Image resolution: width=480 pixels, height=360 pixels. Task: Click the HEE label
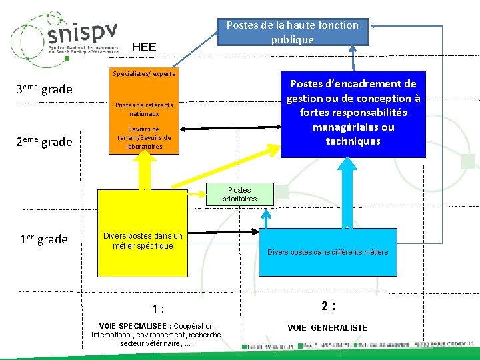(144, 47)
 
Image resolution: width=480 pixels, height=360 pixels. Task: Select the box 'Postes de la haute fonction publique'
(292, 32)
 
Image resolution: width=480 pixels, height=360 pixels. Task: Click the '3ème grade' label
(43, 89)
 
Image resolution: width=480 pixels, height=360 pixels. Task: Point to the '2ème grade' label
(43, 141)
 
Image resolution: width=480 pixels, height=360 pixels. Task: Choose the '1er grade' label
(43, 239)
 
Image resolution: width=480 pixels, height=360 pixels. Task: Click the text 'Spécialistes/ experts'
(144, 74)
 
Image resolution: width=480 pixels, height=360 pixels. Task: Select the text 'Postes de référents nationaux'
(144, 109)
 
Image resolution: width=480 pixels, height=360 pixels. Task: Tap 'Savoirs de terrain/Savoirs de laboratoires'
(144, 138)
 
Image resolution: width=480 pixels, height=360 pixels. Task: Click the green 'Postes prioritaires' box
(239, 194)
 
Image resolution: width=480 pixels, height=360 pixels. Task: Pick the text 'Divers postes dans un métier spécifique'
(143, 241)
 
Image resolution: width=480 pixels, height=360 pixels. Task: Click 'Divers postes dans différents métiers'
(327, 252)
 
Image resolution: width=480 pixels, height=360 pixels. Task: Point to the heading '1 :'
(158, 309)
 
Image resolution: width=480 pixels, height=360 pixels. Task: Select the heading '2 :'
(327, 306)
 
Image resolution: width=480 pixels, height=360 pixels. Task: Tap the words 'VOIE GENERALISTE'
(327, 327)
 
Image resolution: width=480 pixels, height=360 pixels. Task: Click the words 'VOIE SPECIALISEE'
(133, 326)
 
